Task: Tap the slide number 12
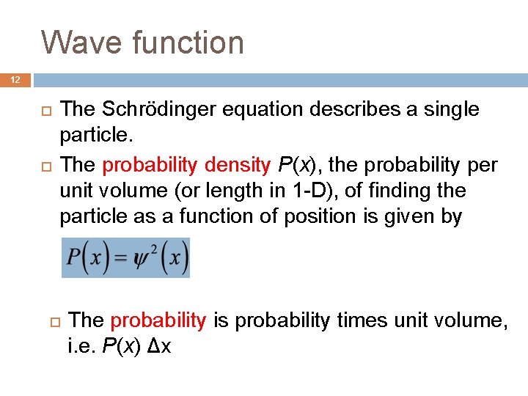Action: (x=16, y=79)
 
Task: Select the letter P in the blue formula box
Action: (x=74, y=258)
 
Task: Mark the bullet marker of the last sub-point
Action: (x=54, y=320)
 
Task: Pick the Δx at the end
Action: (x=160, y=346)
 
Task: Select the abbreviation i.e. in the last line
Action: (x=79, y=346)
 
